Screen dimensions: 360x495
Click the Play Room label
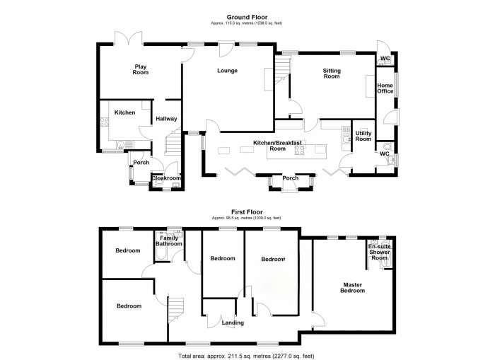pyautogui.click(x=141, y=69)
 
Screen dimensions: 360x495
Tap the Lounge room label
pyautogui.click(x=227, y=71)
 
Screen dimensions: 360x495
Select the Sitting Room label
pyautogui.click(x=332, y=74)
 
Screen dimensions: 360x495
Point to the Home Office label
pyautogui.click(x=385, y=88)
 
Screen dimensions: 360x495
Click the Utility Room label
pyautogui.click(x=363, y=137)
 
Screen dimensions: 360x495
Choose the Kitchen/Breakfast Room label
pyautogui.click(x=279, y=146)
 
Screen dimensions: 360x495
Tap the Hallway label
pyautogui.click(x=166, y=119)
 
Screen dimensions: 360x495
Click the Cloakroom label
pyautogui.click(x=166, y=178)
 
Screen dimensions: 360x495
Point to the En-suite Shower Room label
pyautogui.click(x=380, y=252)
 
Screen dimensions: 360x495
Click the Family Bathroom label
pyautogui.click(x=169, y=241)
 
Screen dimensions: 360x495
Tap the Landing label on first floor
pyautogui.click(x=233, y=323)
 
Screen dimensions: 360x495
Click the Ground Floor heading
pyautogui.click(x=246, y=16)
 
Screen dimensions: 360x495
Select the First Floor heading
pyautogui.click(x=246, y=211)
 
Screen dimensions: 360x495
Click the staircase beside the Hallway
pyautogui.click(x=173, y=145)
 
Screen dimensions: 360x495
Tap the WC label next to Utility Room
pyautogui.click(x=384, y=153)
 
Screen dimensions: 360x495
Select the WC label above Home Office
pyautogui.click(x=385, y=58)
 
